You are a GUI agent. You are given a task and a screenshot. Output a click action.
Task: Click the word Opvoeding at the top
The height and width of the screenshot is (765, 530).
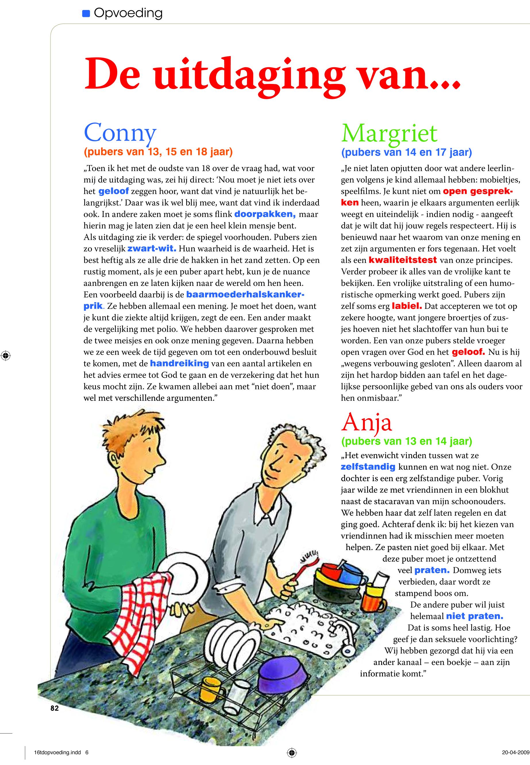[128, 13]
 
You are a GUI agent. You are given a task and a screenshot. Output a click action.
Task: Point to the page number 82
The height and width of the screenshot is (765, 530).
[55, 708]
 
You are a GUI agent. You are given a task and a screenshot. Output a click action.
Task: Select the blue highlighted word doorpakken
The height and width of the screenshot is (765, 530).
[265, 214]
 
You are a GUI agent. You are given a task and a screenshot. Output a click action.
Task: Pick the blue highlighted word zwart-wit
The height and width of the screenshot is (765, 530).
[151, 249]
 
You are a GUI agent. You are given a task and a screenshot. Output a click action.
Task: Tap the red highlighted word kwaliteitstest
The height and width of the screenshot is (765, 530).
[402, 260]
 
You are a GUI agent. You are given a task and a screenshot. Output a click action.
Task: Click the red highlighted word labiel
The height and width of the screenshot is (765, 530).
[407, 305]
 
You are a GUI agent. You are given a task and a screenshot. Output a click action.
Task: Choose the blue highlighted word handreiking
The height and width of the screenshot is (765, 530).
[179, 364]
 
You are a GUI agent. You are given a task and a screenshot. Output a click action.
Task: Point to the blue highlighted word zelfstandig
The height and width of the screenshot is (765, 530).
[368, 467]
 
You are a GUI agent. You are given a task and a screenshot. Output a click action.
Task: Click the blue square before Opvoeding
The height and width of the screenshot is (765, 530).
[86, 14]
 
